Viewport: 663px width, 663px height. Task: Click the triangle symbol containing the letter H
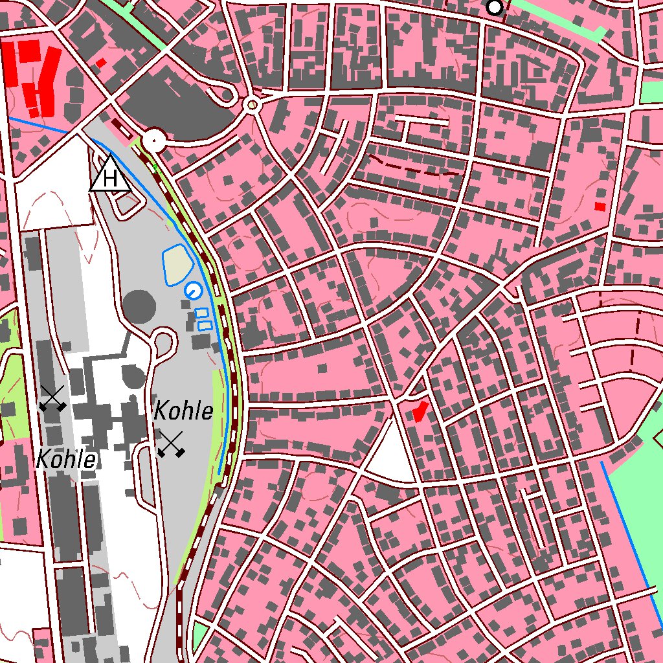(111, 175)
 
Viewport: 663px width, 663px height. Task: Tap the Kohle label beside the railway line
(184, 410)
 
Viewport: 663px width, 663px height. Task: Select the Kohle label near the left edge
(66, 460)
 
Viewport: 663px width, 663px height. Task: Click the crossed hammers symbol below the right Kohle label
(172, 444)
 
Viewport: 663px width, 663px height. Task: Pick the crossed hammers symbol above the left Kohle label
(52, 398)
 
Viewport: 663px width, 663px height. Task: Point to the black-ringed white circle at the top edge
(495, 8)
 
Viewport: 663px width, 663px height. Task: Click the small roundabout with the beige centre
(252, 104)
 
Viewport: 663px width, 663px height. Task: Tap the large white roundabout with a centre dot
(154, 139)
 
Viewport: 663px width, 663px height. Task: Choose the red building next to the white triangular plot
(420, 410)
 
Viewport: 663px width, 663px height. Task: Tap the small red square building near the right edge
(600, 207)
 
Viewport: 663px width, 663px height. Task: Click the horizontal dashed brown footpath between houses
(414, 168)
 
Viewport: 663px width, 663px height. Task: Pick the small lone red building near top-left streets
(101, 63)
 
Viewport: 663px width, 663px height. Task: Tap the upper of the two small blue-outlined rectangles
(201, 313)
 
